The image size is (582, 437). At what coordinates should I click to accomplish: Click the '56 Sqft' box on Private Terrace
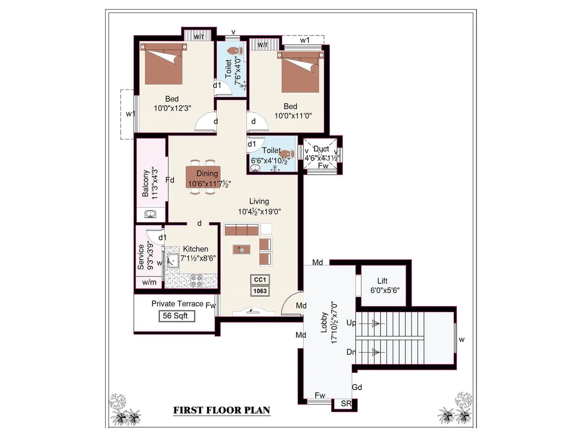click(176, 316)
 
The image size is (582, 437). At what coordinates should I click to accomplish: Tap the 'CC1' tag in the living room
click(260, 280)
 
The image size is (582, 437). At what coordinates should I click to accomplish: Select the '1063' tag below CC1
click(260, 291)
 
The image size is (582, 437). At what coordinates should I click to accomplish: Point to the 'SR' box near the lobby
click(346, 403)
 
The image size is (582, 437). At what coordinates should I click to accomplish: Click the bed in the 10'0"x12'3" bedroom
click(163, 64)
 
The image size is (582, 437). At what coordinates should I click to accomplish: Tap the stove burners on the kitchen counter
click(196, 280)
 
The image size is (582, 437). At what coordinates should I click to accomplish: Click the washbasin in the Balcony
click(150, 214)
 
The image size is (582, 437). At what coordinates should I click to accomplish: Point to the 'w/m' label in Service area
click(149, 282)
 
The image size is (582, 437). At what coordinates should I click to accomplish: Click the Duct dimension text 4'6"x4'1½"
click(322, 158)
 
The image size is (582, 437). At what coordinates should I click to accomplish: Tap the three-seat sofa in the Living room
click(241, 230)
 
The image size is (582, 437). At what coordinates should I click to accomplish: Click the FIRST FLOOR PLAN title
click(222, 410)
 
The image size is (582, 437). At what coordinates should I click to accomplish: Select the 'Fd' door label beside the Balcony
click(170, 180)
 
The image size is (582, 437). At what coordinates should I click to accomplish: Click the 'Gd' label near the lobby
click(357, 387)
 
